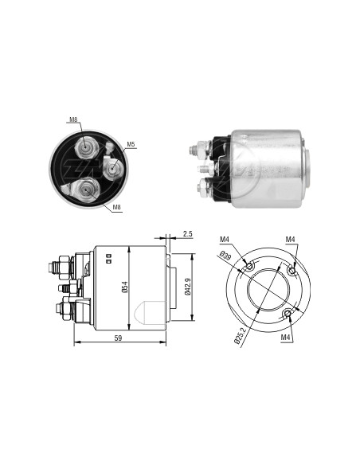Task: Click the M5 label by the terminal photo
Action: (x=131, y=144)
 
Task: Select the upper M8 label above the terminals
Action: (x=73, y=119)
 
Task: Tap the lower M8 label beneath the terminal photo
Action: (x=117, y=207)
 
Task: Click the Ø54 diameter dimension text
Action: (x=125, y=287)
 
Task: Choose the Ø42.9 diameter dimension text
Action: (x=187, y=287)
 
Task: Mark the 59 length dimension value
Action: (x=118, y=338)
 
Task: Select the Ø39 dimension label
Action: (x=226, y=256)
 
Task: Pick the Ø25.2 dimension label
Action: (x=239, y=335)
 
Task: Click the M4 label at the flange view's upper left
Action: (x=225, y=239)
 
